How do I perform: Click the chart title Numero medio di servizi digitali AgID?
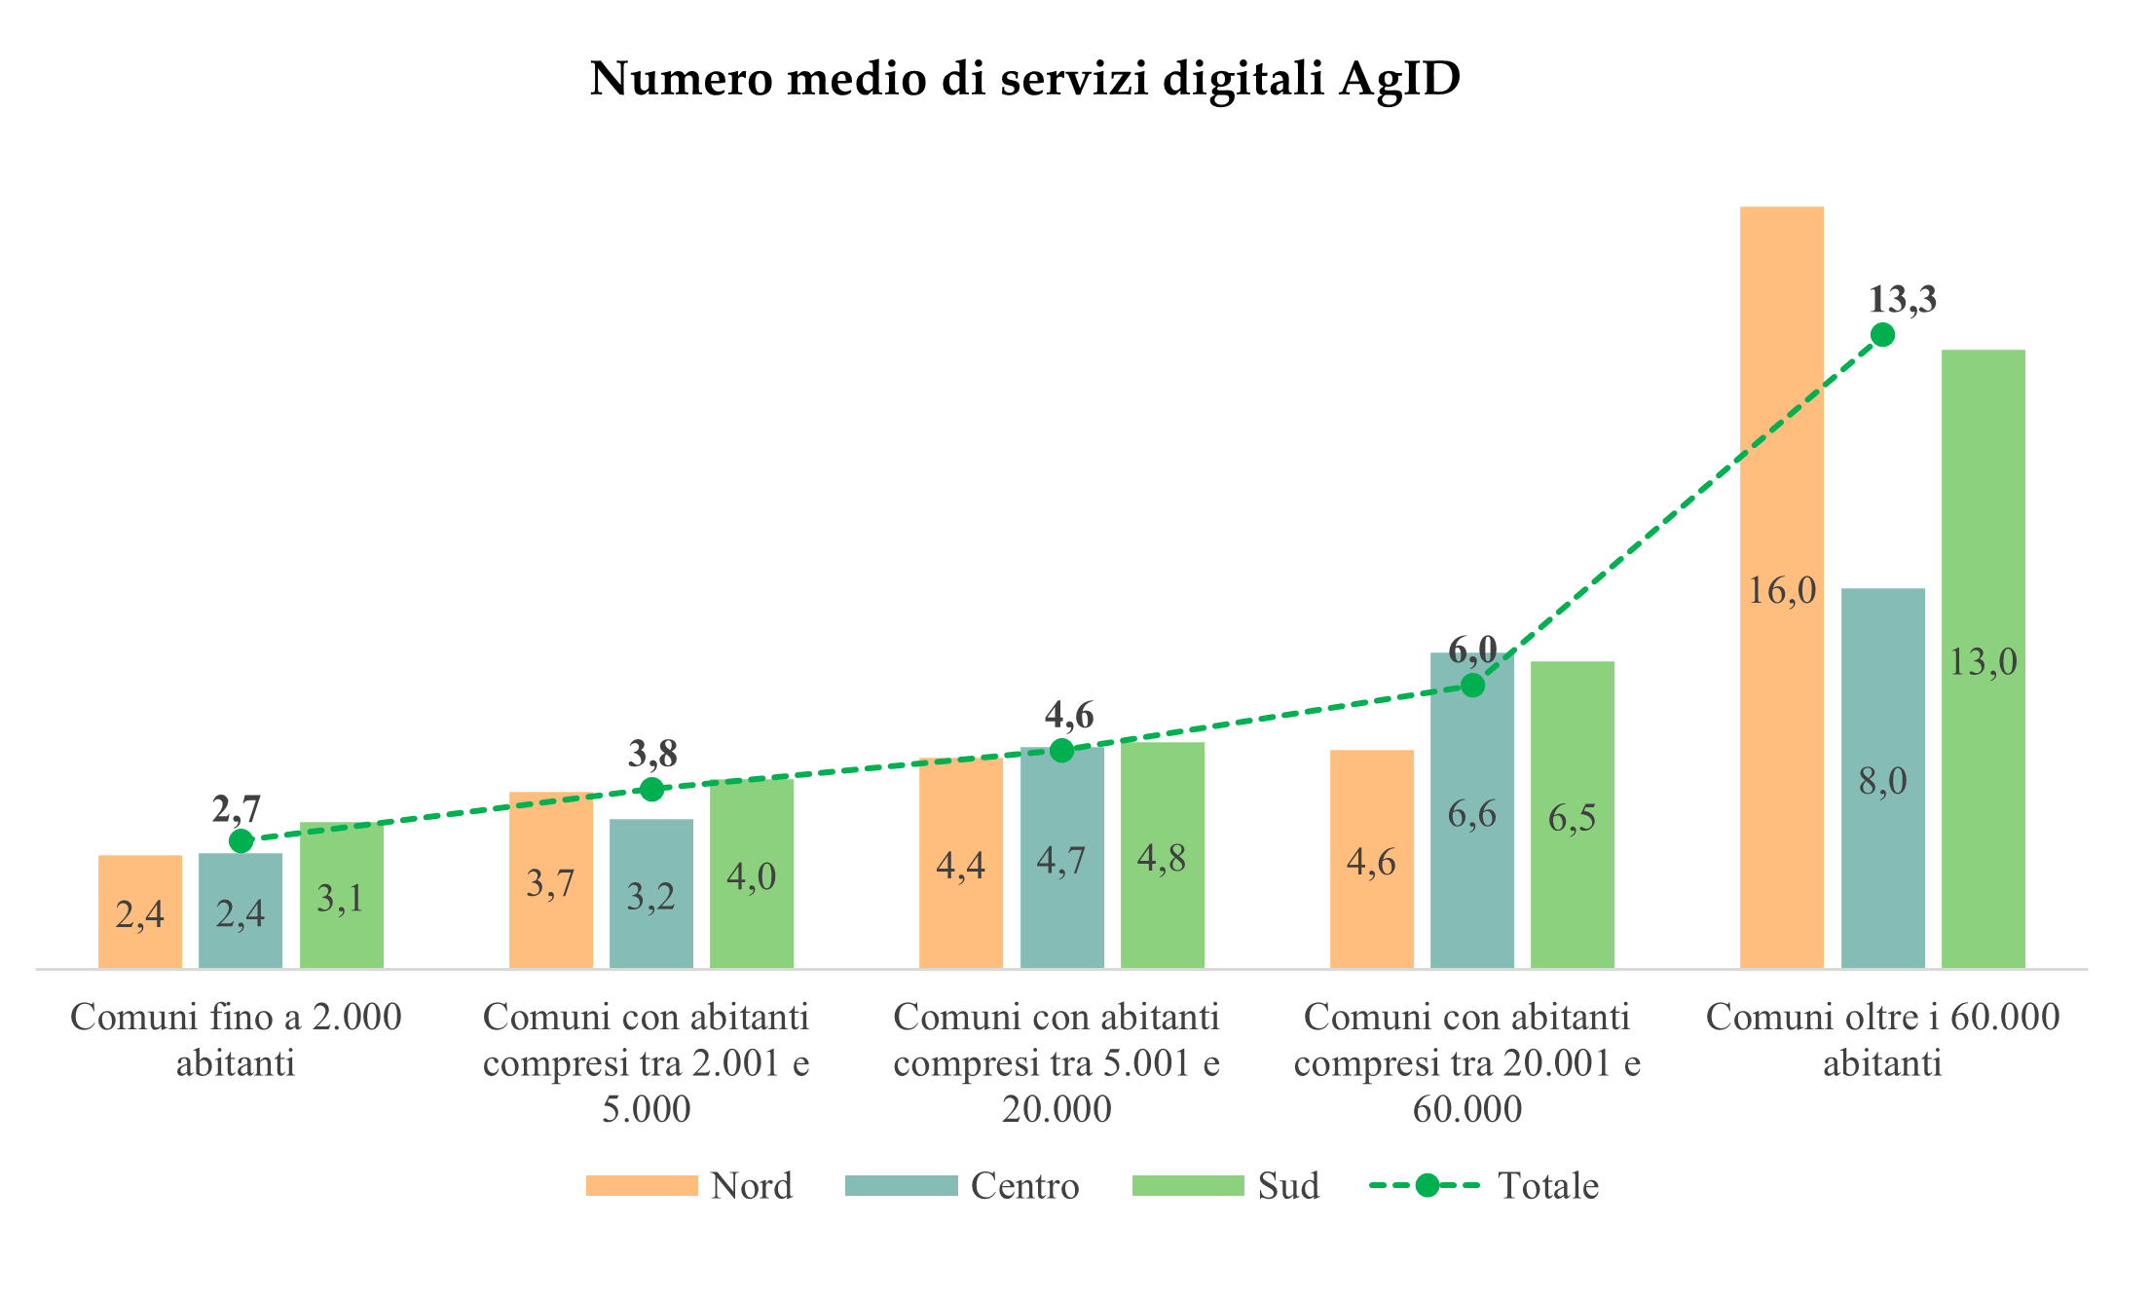[x=1024, y=79]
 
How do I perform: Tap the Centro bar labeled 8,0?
[x=1882, y=779]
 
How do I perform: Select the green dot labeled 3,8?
[x=652, y=789]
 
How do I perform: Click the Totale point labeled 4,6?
[x=1062, y=750]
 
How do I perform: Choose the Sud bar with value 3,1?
[x=341, y=896]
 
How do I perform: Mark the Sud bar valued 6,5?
[x=1572, y=816]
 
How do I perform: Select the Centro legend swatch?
[x=901, y=1185]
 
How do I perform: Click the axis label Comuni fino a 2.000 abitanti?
[x=236, y=1039]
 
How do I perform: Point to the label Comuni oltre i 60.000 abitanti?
[x=1882, y=1039]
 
